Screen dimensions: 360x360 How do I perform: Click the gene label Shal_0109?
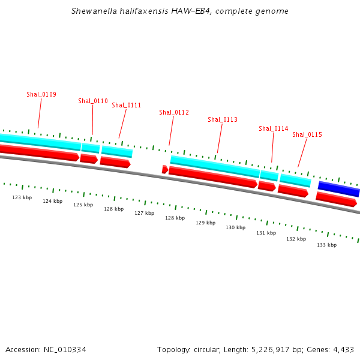coord(41,94)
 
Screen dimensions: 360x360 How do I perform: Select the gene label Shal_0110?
coord(93,101)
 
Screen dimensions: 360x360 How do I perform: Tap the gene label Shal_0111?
coord(127,105)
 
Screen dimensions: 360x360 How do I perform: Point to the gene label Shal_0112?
coord(174,112)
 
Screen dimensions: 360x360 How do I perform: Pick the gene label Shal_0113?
coord(223,119)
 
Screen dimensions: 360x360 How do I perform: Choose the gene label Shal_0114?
coord(274,128)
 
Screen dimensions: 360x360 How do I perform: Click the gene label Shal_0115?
coord(307,134)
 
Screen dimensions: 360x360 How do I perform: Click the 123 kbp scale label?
coord(22,197)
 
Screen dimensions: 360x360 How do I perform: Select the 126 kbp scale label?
coord(113,209)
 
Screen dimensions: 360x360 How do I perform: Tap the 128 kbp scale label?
coord(175,218)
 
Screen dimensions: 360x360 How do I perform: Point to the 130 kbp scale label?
coord(235,227)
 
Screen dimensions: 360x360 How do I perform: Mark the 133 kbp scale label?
coord(326,245)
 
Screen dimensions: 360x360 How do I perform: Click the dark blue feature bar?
coord(338,188)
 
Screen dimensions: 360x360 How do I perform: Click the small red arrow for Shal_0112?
coord(165,170)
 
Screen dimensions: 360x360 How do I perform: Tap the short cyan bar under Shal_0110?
coord(91,148)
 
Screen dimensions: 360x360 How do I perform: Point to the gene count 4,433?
coord(343,349)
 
